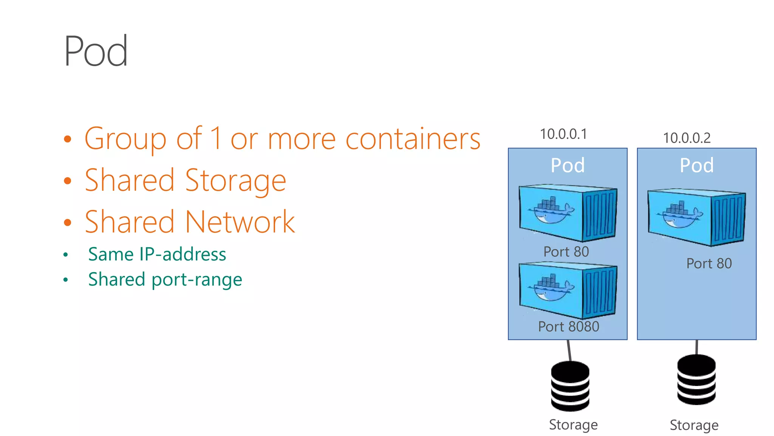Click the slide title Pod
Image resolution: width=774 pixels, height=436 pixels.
click(x=96, y=51)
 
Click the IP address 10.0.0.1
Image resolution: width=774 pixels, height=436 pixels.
click(x=563, y=134)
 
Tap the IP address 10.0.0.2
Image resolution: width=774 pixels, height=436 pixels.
click(x=687, y=138)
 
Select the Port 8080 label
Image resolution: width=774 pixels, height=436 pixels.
click(x=568, y=327)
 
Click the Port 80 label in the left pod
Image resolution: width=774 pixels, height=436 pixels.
click(x=566, y=252)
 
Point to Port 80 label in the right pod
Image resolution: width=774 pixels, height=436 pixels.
click(x=709, y=263)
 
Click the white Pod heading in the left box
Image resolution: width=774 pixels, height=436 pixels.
click(x=567, y=165)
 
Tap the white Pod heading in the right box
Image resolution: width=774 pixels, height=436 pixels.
click(x=697, y=165)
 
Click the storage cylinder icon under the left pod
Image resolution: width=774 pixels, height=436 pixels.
click(x=570, y=386)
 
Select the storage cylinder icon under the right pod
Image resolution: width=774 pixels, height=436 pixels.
click(x=696, y=380)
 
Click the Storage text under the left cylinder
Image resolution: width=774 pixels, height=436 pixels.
click(x=573, y=425)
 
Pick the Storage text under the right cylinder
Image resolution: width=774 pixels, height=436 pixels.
click(x=694, y=425)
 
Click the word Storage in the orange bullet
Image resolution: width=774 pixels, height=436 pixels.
click(x=235, y=181)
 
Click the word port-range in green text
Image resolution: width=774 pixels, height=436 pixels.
click(x=197, y=280)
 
